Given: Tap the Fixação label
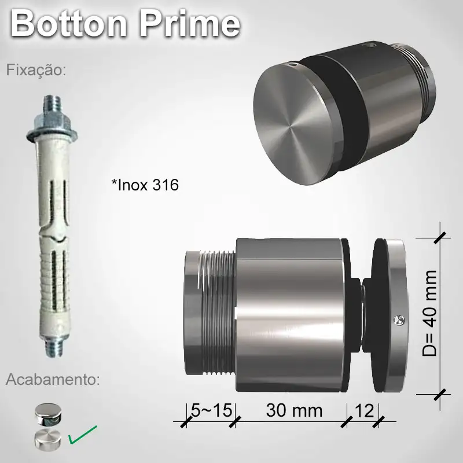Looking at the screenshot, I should coord(36,71).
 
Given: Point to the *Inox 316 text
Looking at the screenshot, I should coord(145,185).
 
